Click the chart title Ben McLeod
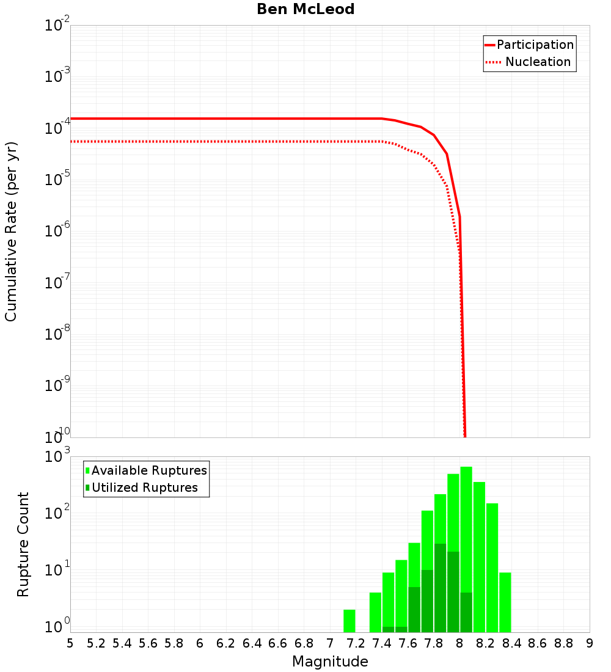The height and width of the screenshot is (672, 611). [x=305, y=9]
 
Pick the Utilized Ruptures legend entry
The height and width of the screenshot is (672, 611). [x=144, y=488]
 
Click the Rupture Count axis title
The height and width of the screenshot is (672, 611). [x=23, y=544]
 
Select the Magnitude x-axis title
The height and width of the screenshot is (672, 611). [x=330, y=662]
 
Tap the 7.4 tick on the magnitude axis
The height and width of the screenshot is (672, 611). [x=382, y=643]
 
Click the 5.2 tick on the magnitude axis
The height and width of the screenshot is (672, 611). [x=96, y=643]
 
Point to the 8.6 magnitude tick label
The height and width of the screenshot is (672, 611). [x=538, y=643]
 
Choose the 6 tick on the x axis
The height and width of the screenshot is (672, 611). [x=200, y=643]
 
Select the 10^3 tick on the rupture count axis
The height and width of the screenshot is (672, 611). [x=59, y=456]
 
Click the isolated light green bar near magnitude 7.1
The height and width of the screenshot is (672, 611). [x=349, y=621]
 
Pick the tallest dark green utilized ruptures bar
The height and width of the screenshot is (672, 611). [x=440, y=586]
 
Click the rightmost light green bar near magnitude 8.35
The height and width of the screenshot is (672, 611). [x=505, y=602]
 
